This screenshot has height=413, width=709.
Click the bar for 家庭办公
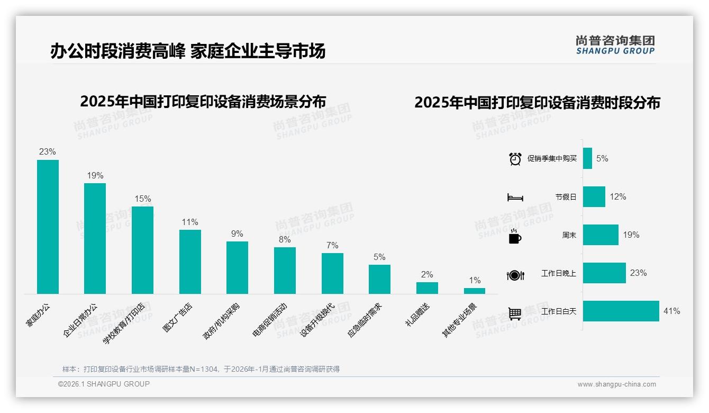(x=48, y=227)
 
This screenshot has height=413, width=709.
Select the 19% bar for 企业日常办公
(x=95, y=238)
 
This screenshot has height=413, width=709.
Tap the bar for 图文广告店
(x=190, y=262)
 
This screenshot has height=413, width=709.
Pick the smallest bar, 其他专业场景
(x=475, y=291)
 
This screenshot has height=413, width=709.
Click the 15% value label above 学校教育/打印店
(x=142, y=199)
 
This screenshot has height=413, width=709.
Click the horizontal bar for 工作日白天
(x=621, y=311)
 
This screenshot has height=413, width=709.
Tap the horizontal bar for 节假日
(x=594, y=196)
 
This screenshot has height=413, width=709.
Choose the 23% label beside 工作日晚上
(x=638, y=273)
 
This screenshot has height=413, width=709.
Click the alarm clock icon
(x=515, y=159)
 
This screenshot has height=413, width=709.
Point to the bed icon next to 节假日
(x=515, y=197)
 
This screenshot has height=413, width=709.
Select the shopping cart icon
(x=515, y=313)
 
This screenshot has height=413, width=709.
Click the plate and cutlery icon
(x=515, y=275)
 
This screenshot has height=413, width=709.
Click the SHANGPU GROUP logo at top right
(x=615, y=45)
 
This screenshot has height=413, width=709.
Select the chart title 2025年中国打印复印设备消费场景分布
(x=203, y=102)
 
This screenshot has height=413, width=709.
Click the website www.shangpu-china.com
(x=616, y=384)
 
